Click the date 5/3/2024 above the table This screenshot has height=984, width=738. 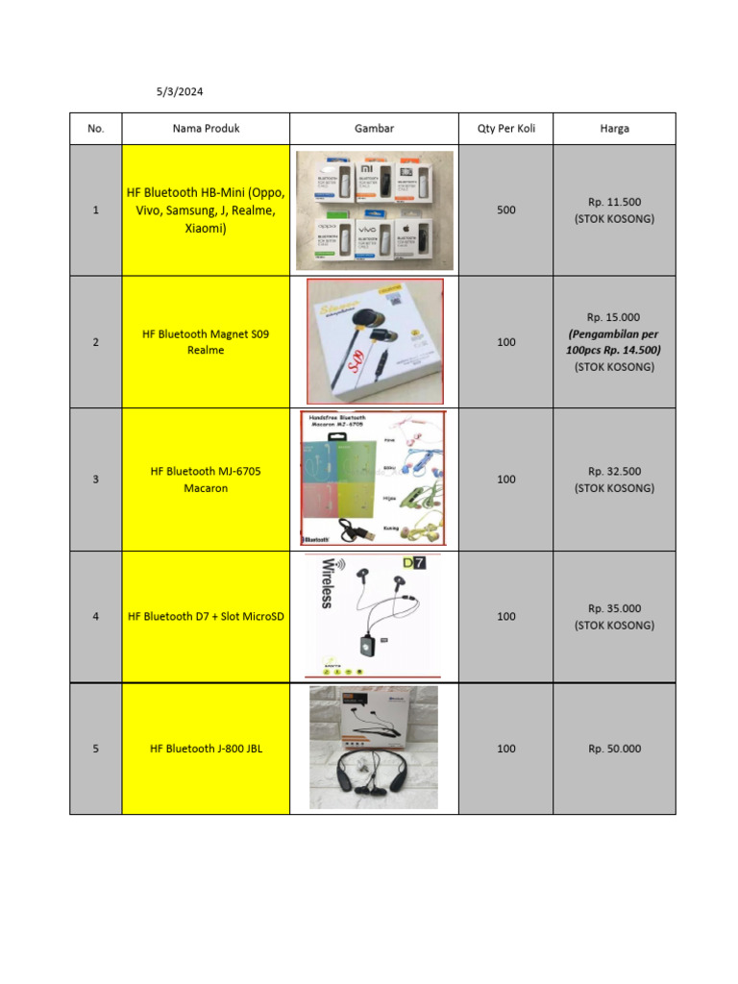[x=180, y=92]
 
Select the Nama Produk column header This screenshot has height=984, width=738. [x=206, y=129]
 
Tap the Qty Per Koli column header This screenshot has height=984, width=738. [x=505, y=129]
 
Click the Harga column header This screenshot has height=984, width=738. [x=614, y=129]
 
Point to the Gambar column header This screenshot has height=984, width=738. [x=374, y=129]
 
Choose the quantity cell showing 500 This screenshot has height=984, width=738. [x=505, y=209]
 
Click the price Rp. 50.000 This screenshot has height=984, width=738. [x=614, y=749]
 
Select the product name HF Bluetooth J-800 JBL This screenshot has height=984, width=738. [x=206, y=749]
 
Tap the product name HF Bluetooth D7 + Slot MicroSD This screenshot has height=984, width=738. [x=206, y=616]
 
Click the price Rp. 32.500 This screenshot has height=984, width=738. [x=614, y=471]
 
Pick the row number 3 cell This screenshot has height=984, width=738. [x=96, y=480]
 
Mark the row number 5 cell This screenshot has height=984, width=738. [x=96, y=749]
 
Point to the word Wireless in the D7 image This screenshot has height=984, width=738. [x=326, y=582]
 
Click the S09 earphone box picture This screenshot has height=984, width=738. [x=375, y=341]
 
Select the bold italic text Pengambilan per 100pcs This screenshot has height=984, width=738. [x=614, y=342]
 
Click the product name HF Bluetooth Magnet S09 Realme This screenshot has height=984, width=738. [x=206, y=342]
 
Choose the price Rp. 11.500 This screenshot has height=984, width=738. [x=614, y=202]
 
